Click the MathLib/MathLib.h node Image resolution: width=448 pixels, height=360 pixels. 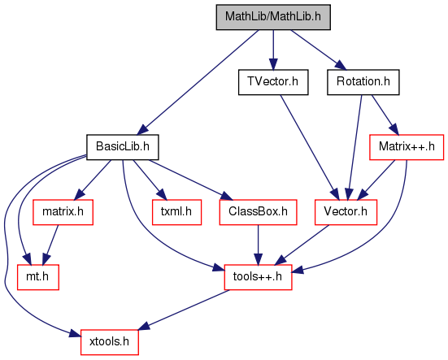pyautogui.click(x=273, y=17)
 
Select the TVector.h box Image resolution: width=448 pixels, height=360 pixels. pyautogui.click(x=273, y=82)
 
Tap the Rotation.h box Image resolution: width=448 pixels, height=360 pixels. pyautogui.click(x=363, y=82)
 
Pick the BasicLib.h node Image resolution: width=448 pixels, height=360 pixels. pyautogui.click(x=122, y=147)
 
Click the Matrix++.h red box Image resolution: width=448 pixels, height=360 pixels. pyautogui.click(x=407, y=147)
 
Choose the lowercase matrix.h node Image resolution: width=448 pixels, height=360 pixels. pyautogui.click(x=63, y=212)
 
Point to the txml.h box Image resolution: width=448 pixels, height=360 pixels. pyautogui.click(x=176, y=212)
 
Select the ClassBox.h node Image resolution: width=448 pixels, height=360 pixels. pyautogui.click(x=258, y=212)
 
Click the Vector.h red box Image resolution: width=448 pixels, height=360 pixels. pyautogui.click(x=346, y=212)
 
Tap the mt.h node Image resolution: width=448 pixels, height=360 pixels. pyautogui.click(x=38, y=277)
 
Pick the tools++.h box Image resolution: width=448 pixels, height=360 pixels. pyautogui.click(x=258, y=277)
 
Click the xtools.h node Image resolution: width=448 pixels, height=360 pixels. pyautogui.click(x=110, y=342)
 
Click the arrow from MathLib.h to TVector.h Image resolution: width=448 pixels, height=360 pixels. pyautogui.click(x=273, y=50)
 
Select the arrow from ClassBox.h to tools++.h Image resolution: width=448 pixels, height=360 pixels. pyautogui.click(x=258, y=245)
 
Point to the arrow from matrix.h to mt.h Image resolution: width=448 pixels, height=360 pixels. pyautogui.click(x=50, y=245)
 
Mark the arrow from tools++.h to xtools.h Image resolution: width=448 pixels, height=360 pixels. pyautogui.click(x=185, y=310)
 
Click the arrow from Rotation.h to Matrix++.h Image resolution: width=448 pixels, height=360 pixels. pyautogui.click(x=385, y=115)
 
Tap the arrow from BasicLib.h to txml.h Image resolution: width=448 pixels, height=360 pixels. pyautogui.click(x=149, y=180)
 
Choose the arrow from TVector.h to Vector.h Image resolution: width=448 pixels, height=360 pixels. pyautogui.click(x=310, y=147)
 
